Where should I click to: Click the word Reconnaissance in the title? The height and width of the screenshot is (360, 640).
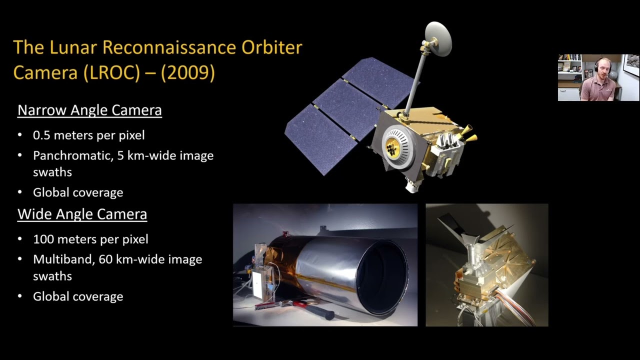pyautogui.click(x=170, y=47)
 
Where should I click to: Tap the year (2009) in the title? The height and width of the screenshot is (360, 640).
pyautogui.click(x=188, y=73)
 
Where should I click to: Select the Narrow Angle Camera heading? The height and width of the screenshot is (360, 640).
pyautogui.click(x=89, y=110)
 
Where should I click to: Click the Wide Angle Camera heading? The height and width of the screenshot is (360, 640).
pyautogui.click(x=82, y=214)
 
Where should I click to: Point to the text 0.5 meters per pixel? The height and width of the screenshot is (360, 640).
pyautogui.click(x=88, y=135)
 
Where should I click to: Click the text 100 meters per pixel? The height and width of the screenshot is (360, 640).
pyautogui.click(x=90, y=239)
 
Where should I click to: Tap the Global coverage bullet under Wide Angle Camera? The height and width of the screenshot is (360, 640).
pyautogui.click(x=78, y=296)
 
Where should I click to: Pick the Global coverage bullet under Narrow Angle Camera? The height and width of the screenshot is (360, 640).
pyautogui.click(x=78, y=192)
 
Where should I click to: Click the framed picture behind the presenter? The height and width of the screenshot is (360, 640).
pyautogui.click(x=631, y=65)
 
